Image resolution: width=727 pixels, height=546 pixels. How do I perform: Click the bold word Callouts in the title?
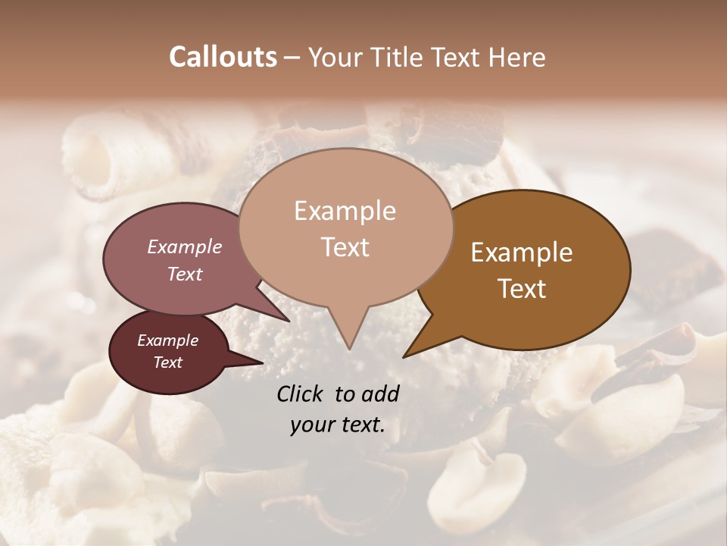pyautogui.click(x=223, y=57)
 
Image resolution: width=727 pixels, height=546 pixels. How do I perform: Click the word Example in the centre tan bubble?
pyautogui.click(x=345, y=211)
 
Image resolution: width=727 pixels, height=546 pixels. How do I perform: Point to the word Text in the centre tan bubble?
pyautogui.click(x=345, y=247)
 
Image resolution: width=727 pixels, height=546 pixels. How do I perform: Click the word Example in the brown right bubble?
pyautogui.click(x=522, y=253)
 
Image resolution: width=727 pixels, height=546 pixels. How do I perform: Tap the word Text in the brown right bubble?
pyautogui.click(x=522, y=289)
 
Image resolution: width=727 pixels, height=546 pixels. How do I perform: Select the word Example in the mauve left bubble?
pyautogui.click(x=184, y=246)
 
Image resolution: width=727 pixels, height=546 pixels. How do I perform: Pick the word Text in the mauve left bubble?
pyautogui.click(x=184, y=274)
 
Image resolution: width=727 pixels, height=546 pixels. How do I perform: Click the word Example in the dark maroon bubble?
pyautogui.click(x=167, y=340)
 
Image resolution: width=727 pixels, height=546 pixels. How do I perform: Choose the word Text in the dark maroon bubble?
pyautogui.click(x=167, y=362)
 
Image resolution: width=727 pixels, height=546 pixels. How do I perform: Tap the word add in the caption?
pyautogui.click(x=381, y=394)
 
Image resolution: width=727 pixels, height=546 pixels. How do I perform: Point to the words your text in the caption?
pyautogui.click(x=337, y=425)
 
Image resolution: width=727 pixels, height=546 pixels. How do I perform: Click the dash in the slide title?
pyautogui.click(x=292, y=58)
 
